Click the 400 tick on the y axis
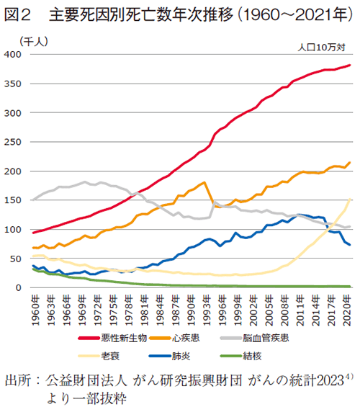(x=14, y=55)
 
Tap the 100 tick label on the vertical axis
(x=14, y=230)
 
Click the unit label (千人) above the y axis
(x=33, y=41)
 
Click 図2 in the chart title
(x=18, y=14)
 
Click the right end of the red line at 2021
(x=351, y=66)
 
